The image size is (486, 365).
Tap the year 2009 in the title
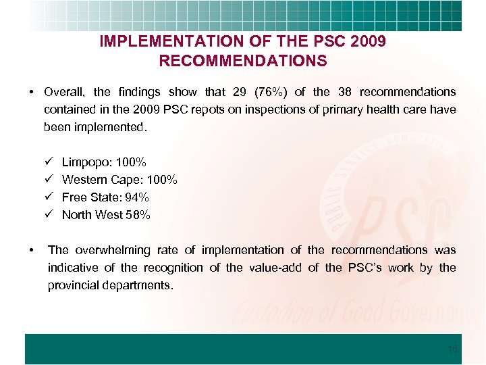pos(368,41)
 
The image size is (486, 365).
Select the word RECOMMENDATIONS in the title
pos(243,61)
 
